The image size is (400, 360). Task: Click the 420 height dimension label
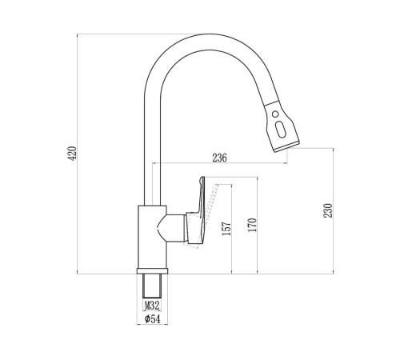coord(72,153)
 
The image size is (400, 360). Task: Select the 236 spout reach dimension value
coord(219,158)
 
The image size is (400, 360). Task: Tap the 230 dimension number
coord(328,210)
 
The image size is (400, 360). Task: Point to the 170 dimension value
coord(252,225)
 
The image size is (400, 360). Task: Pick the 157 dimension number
coord(226,229)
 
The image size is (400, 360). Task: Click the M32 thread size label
coord(152,306)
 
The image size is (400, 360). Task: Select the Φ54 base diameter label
coord(152,318)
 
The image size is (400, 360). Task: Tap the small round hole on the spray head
coord(275,114)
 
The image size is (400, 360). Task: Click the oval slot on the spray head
coord(281,129)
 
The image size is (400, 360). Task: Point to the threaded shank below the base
coord(152,286)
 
